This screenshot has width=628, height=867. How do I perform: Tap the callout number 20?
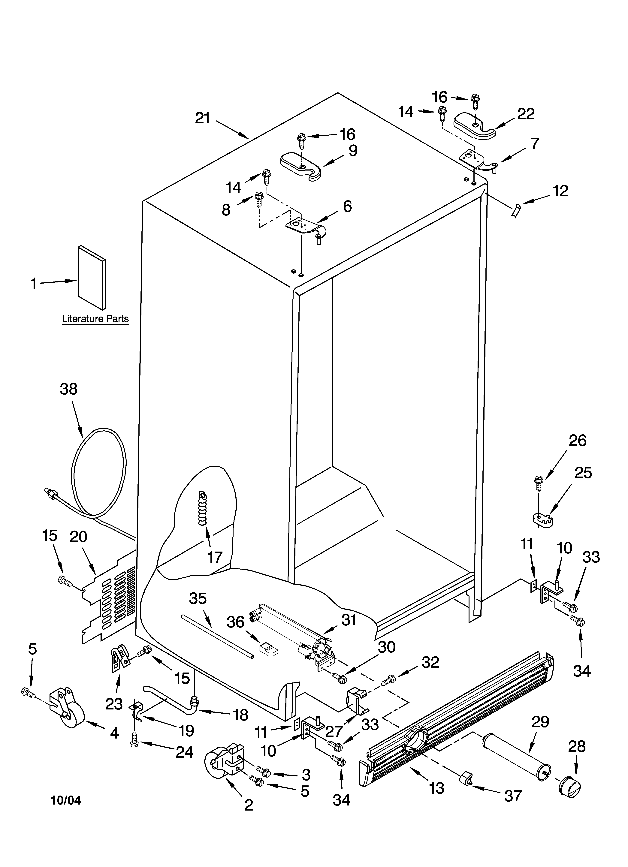point(78,537)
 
